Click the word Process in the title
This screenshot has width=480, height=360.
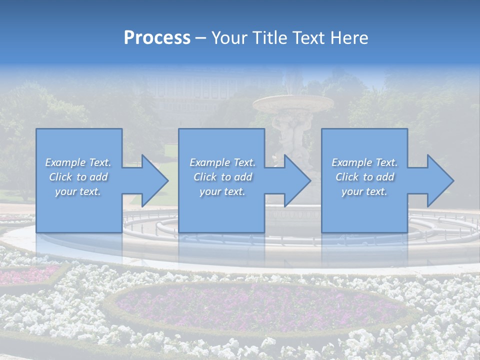(x=157, y=38)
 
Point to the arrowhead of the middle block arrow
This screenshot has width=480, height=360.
(x=296, y=180)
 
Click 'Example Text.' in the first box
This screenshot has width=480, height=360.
(x=78, y=162)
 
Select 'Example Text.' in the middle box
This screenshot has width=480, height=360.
(x=222, y=162)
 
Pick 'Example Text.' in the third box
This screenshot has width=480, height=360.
(x=364, y=162)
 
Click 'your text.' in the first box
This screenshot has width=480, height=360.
(x=78, y=191)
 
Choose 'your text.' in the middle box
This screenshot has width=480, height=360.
(x=222, y=191)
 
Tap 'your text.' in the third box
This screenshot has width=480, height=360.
(x=364, y=191)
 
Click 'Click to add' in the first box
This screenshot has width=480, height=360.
(x=78, y=177)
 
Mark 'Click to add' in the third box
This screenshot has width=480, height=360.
(x=364, y=177)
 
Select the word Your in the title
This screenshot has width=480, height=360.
(x=228, y=38)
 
